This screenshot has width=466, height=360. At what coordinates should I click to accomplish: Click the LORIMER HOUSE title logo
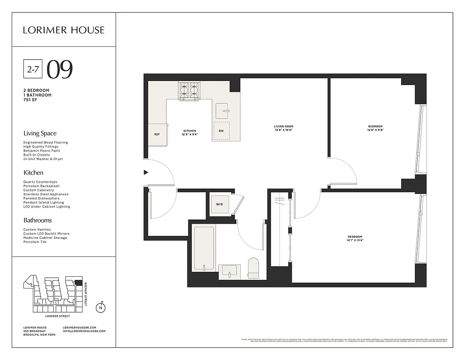63,30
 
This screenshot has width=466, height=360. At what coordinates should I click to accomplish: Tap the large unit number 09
60,69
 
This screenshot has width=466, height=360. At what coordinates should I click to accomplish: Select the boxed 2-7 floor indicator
33,69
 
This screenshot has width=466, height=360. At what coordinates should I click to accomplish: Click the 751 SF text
30,99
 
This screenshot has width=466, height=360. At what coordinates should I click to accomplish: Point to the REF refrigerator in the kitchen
157,134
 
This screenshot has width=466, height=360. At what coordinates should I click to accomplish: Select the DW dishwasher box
221,131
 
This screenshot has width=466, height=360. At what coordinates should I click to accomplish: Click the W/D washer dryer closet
219,204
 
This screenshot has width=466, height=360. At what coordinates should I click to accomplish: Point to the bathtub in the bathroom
204,248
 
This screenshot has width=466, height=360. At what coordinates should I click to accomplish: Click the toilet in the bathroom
253,268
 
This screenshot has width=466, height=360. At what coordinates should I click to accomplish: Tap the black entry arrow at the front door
145,172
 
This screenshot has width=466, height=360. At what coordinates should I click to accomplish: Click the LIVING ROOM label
284,126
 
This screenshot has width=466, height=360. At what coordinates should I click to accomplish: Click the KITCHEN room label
189,131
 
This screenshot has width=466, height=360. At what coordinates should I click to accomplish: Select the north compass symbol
101,308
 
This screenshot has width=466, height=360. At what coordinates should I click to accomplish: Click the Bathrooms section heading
37,220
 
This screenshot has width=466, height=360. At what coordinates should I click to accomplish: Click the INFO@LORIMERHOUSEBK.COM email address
84,331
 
